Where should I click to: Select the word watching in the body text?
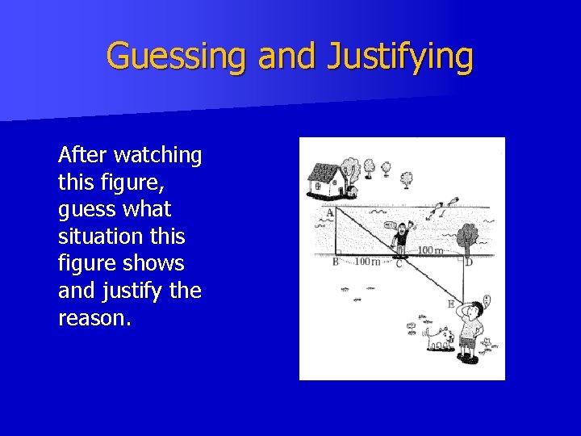(x=158, y=154)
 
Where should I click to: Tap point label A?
(x=328, y=213)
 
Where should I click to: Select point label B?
(x=335, y=262)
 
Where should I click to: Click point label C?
(x=398, y=263)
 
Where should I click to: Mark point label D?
(x=469, y=262)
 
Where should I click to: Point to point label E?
(x=450, y=304)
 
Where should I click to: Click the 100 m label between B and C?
(x=367, y=262)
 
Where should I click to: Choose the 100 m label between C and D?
(x=430, y=251)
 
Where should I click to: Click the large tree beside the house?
(x=351, y=172)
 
